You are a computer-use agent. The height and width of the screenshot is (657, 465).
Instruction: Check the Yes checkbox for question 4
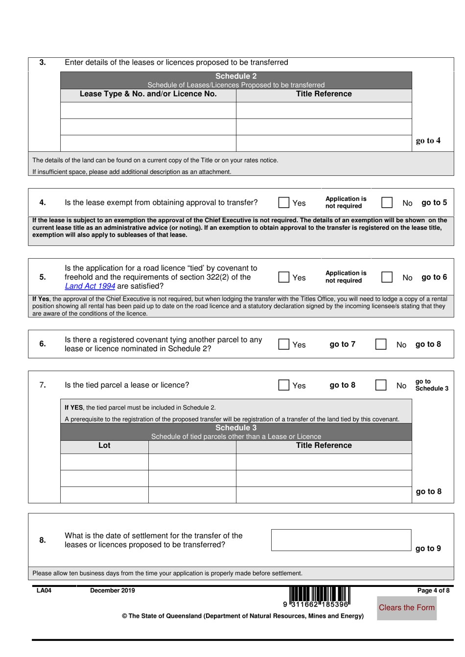(x=283, y=203)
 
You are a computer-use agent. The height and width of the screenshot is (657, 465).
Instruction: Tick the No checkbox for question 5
(x=387, y=277)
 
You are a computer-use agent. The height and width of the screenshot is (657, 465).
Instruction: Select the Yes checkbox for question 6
(x=283, y=344)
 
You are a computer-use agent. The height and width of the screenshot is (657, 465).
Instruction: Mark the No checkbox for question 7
(x=381, y=385)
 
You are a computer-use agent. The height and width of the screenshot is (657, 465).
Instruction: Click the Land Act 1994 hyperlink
(x=90, y=286)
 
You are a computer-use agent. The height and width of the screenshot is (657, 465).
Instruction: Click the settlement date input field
(x=341, y=540)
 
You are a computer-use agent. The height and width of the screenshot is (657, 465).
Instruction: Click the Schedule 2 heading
(x=236, y=76)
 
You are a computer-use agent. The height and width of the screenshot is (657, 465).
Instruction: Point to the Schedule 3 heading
(x=236, y=428)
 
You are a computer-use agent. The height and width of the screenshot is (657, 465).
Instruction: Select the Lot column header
(x=104, y=445)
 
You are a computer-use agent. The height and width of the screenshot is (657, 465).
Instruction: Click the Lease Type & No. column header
(x=148, y=94)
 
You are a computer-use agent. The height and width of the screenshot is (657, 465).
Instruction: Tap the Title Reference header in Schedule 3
(x=324, y=445)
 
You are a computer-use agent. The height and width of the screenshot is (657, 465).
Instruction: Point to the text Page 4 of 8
(x=433, y=590)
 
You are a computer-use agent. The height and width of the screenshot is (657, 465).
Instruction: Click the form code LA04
(x=44, y=590)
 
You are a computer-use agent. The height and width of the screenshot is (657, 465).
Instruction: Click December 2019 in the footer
(x=113, y=590)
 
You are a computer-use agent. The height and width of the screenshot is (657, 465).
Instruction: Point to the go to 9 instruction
(x=428, y=549)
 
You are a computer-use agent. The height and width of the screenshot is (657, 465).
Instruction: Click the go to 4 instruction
(x=428, y=141)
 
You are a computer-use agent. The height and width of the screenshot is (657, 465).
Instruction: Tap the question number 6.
(x=43, y=344)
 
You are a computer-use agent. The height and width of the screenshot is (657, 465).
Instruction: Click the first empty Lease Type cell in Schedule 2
(x=148, y=111)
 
